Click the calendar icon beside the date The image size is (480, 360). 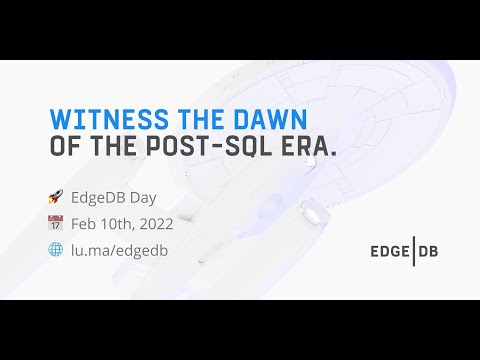[x=55, y=223]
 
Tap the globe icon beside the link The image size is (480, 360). [x=55, y=248]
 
